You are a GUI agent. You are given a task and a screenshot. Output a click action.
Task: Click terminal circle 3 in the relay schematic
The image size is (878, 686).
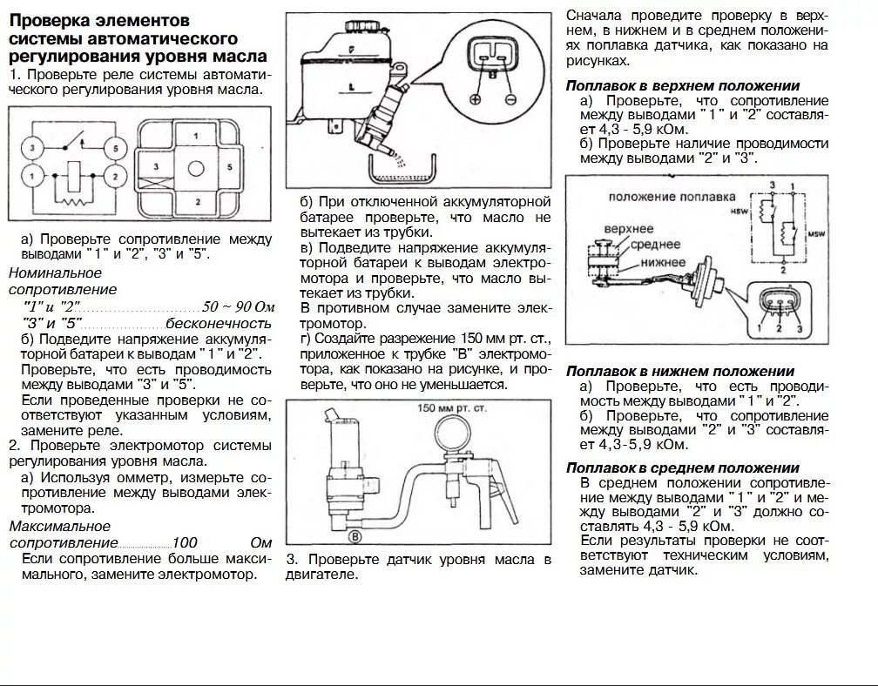pos(31,147)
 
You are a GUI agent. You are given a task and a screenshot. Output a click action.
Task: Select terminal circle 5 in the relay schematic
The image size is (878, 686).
pos(113,147)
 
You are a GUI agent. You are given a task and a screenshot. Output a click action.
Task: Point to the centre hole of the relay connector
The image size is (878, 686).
pos(197,168)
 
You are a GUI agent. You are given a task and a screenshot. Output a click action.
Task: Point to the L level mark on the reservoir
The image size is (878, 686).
pos(348,87)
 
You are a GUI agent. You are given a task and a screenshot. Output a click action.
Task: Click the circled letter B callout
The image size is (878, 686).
pos(356,537)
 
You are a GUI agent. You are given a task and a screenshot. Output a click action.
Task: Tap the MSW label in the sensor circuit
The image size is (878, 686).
pos(816,235)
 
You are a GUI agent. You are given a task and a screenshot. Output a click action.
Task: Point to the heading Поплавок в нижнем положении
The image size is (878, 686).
pos(680,372)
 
